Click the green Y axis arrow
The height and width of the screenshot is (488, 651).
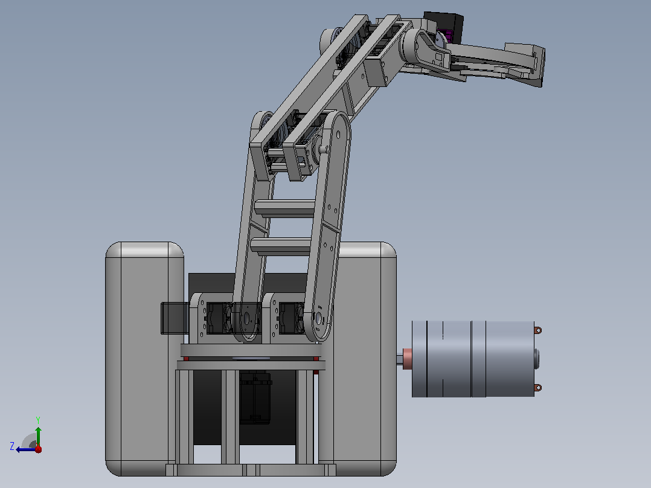coord(38,436)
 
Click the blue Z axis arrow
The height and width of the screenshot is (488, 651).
coord(26,449)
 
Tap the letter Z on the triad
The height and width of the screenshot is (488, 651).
coord(12,446)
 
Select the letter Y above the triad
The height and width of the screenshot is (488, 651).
coord(38,420)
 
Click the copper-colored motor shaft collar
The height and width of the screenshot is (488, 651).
coord(407,359)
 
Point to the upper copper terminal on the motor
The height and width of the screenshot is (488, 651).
coord(537,330)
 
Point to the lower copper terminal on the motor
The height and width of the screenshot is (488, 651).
coord(537,388)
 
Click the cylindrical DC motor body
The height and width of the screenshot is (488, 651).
coord(473,359)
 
